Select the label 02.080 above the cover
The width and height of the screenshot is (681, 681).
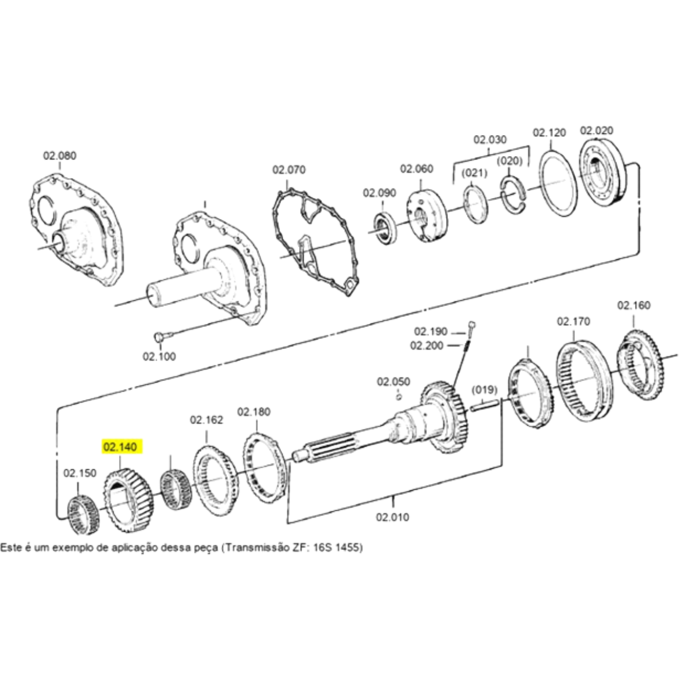[60, 155]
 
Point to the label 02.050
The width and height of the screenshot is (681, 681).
[393, 382]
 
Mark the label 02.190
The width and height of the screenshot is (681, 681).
[430, 331]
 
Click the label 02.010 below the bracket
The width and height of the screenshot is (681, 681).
[392, 517]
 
